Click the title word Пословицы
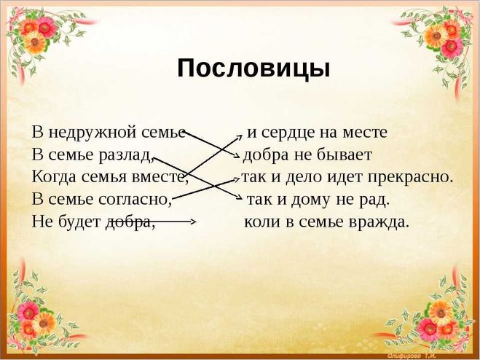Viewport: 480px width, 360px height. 253,69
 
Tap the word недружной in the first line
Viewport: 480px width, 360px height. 93,133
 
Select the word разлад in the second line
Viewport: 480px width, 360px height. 125,155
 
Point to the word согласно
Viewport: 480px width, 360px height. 135,200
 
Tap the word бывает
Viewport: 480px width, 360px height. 345,155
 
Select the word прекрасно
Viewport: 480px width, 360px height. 410,178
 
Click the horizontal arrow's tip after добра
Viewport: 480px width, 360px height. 195,222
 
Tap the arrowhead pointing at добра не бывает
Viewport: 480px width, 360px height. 238,157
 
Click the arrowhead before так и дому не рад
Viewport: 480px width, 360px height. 241,197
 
